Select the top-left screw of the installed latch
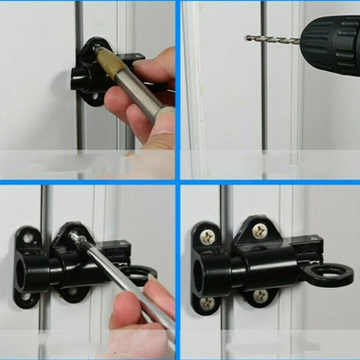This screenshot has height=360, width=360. click(207, 237)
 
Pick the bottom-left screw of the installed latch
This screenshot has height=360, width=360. click(207, 303)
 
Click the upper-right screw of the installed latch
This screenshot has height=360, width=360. click(259, 230)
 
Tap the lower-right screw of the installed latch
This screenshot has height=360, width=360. click(260, 295)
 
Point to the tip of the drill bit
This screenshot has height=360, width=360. click(247, 38)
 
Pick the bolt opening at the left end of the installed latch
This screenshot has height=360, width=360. click(206, 269)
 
